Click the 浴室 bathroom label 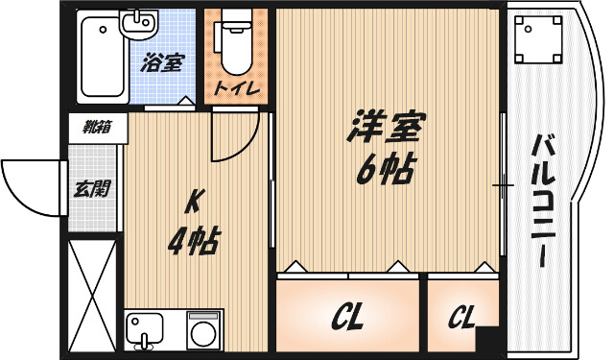[161, 65]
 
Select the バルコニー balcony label [542, 202]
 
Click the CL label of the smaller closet [461, 317]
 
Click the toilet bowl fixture [234, 48]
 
